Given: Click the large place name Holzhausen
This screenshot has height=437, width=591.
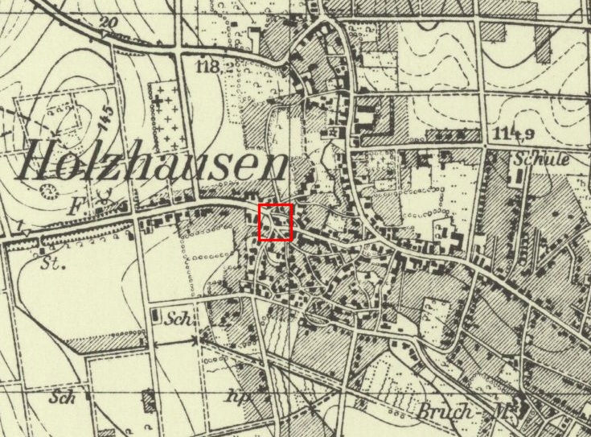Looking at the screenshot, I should pyautogui.click(x=151, y=165).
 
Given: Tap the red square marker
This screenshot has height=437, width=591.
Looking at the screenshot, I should pyautogui.click(x=275, y=223).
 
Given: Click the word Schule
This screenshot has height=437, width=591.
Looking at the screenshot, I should pyautogui.click(x=544, y=159).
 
